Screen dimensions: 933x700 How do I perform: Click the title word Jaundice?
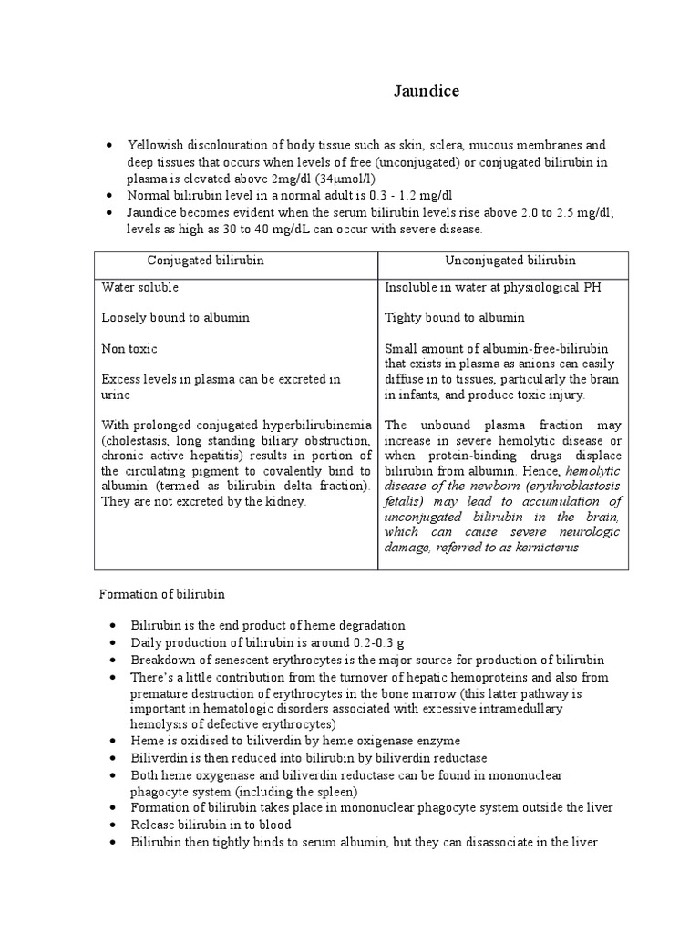[x=427, y=91]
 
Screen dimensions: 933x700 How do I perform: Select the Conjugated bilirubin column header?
[x=206, y=261]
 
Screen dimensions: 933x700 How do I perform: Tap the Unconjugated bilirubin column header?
[x=510, y=261]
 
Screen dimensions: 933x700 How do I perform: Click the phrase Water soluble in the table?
[x=140, y=287]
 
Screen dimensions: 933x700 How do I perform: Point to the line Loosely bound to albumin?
[x=176, y=318]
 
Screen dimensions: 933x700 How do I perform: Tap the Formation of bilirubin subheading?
[x=162, y=594]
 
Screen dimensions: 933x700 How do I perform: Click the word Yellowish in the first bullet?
[x=155, y=146]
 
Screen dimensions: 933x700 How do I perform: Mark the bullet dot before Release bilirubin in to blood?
[x=110, y=825]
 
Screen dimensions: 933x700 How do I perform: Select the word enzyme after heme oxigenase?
[x=439, y=741]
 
